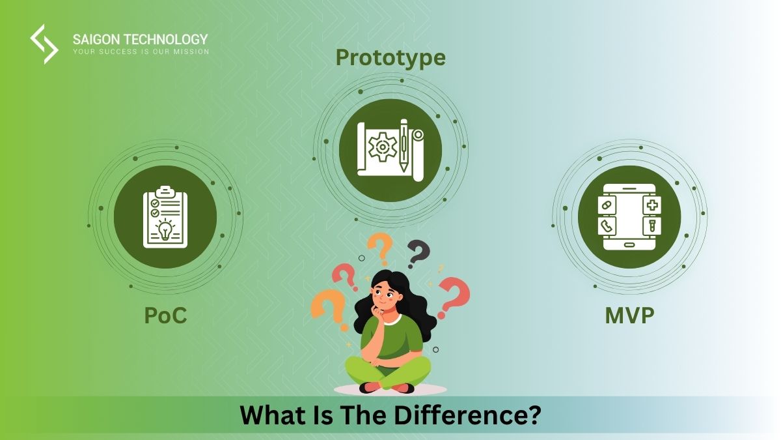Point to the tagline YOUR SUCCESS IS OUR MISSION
[141, 51]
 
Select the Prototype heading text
[390, 58]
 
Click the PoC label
[165, 315]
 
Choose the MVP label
[629, 315]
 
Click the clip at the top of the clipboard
[165, 191]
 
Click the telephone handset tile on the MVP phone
[607, 226]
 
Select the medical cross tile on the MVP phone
[651, 205]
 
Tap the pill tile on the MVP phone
[607, 205]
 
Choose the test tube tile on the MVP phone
[651, 226]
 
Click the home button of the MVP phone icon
[629, 245]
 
